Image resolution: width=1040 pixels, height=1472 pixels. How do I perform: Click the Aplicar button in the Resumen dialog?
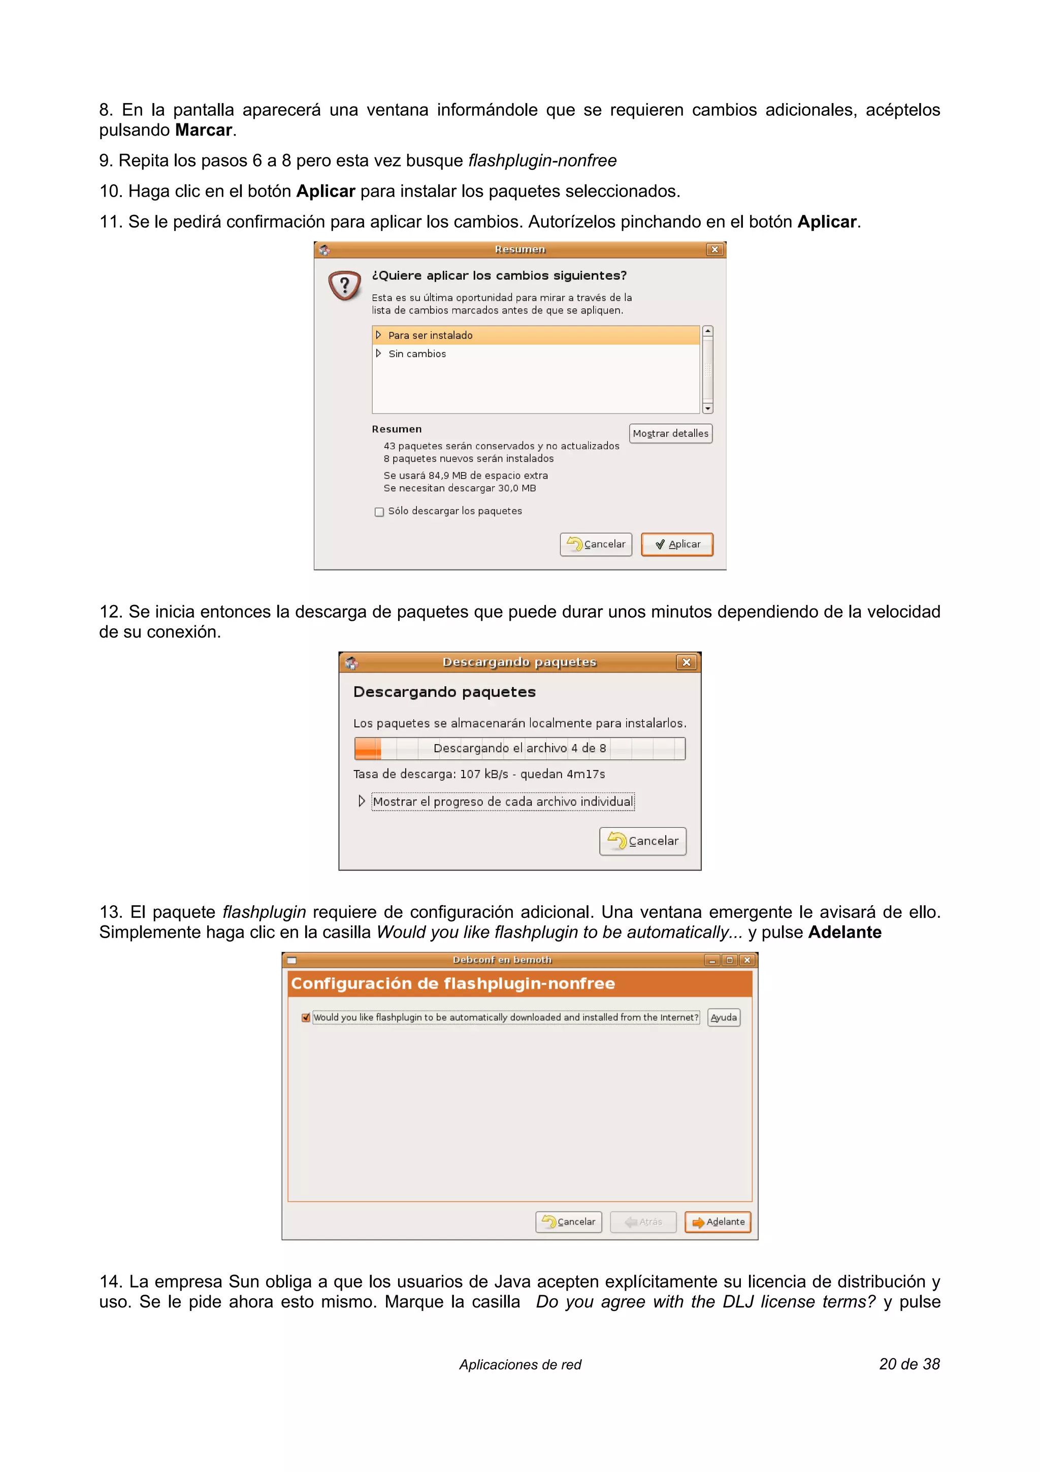click(x=677, y=545)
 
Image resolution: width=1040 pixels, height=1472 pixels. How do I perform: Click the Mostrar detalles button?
click(x=670, y=433)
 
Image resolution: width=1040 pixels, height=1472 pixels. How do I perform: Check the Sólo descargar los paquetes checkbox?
click(x=379, y=511)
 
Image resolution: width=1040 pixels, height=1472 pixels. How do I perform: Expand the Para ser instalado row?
click(x=379, y=335)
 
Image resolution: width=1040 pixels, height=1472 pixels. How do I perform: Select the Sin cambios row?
click(x=417, y=354)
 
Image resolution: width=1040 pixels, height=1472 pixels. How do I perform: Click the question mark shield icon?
click(x=344, y=285)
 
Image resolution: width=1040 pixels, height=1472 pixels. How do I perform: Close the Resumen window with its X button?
click(x=714, y=249)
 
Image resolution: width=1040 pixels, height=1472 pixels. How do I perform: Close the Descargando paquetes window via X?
click(x=686, y=662)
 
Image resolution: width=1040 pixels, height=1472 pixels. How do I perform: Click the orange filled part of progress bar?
click(x=368, y=748)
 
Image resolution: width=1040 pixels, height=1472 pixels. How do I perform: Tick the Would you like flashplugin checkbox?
click(x=306, y=1017)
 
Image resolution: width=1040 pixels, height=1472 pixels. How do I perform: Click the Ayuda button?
click(x=724, y=1017)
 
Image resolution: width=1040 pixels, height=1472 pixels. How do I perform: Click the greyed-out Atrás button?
click(x=643, y=1222)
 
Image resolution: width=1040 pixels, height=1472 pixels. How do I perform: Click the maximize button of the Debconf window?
click(x=729, y=960)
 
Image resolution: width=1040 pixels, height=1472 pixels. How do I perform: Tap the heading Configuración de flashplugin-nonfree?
click(x=452, y=983)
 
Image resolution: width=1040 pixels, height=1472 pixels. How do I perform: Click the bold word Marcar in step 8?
click(x=203, y=130)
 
